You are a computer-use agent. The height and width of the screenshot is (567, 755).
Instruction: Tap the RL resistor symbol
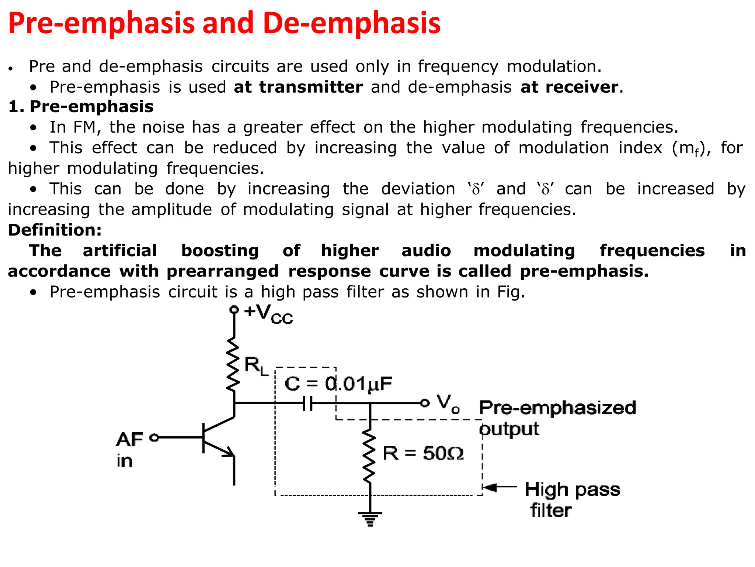tap(233, 364)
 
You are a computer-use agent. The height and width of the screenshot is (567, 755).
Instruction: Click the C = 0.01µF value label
tap(338, 384)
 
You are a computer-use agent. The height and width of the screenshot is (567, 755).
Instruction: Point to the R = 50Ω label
tap(423, 453)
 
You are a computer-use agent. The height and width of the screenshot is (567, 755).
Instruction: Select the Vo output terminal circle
tap(425, 403)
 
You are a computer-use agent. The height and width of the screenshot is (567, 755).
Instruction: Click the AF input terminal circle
tap(154, 437)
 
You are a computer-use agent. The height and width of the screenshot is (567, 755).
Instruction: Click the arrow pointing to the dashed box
tap(501, 487)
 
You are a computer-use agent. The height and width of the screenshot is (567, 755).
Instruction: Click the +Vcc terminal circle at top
tap(234, 310)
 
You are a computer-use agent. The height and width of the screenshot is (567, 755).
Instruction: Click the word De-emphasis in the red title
tap(352, 23)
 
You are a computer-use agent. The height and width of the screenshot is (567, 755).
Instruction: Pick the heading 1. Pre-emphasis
tap(81, 107)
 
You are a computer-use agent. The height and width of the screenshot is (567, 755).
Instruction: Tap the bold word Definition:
tap(55, 230)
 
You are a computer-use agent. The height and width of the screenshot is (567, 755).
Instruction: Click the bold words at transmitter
tap(298, 87)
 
